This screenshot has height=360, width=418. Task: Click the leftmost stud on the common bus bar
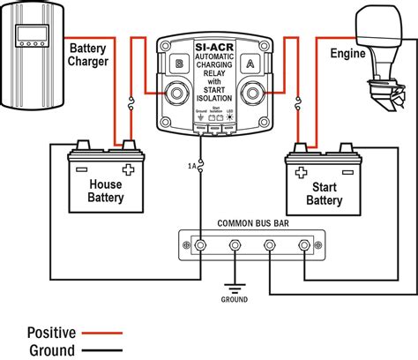click(201, 246)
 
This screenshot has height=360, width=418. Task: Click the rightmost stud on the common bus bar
click(304, 246)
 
